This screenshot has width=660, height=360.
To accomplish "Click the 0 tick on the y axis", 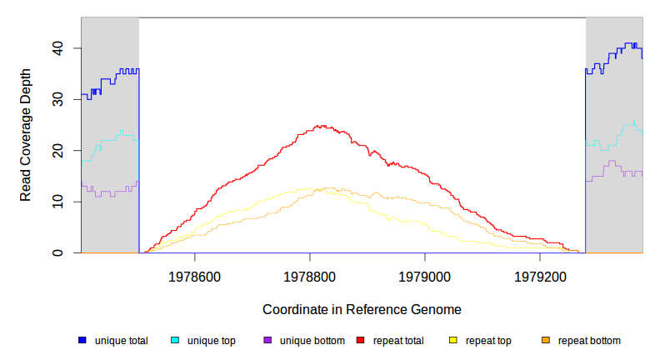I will point(57,252).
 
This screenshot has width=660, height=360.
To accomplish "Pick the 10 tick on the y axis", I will point(57,202).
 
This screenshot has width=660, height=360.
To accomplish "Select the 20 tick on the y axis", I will point(57,151).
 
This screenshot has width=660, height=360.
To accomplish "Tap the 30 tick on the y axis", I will point(57,99).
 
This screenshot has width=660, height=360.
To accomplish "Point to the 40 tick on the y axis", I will point(57,48).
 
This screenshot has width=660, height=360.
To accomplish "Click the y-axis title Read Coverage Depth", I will point(26,136).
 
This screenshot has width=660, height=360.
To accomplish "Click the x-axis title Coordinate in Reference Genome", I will point(362,309).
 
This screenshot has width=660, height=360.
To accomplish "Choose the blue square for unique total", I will point(82,340).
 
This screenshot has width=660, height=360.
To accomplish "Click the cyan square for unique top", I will point(175,340).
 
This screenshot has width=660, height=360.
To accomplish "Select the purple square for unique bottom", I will point(267,340).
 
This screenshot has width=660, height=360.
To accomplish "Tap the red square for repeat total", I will point(360,340).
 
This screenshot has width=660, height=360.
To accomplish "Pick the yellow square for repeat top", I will point(453,340).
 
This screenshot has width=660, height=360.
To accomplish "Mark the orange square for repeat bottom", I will point(546,340).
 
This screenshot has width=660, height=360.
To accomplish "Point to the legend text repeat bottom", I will point(589,340).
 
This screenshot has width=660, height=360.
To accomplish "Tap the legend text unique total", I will point(122,340).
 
